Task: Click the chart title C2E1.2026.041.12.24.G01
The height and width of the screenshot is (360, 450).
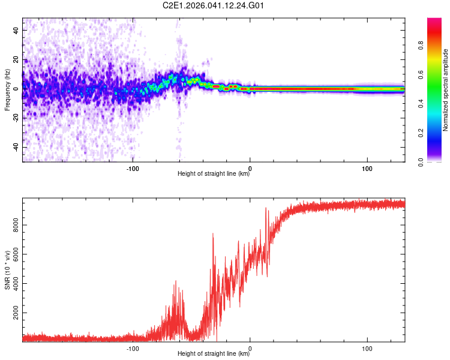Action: [214, 5]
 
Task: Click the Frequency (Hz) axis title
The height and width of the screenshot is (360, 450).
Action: [7, 90]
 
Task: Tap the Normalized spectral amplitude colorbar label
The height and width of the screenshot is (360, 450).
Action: [446, 90]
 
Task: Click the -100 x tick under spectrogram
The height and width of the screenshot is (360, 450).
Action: [133, 169]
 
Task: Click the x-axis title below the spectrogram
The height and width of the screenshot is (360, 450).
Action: [214, 175]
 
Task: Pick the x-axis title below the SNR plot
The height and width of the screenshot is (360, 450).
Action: [214, 354]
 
